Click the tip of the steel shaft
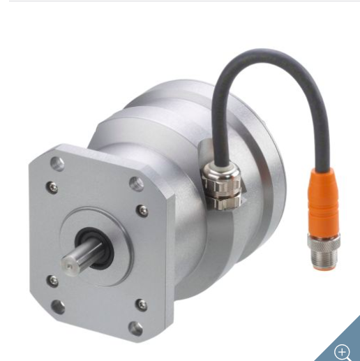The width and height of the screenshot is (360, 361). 68,263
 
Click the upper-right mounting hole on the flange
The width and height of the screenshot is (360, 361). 137,184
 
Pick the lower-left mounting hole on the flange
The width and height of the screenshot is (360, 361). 59,305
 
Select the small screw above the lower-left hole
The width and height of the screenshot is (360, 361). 52,280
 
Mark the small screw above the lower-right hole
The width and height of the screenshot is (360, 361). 141,304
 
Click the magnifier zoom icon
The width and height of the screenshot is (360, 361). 342,351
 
